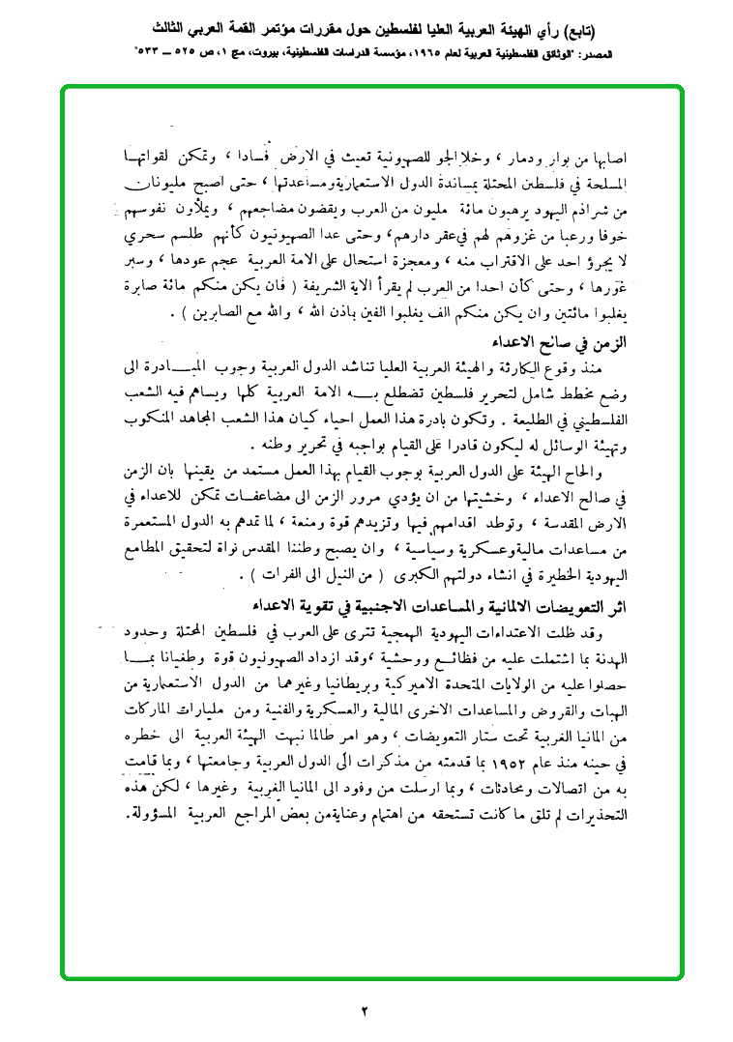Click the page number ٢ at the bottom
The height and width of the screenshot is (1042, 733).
point(366,1011)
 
